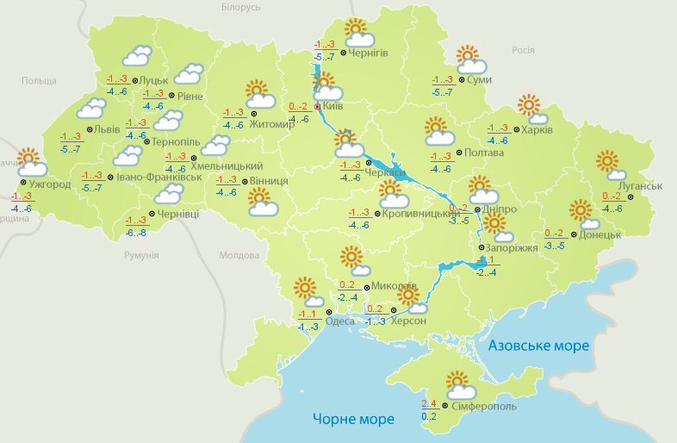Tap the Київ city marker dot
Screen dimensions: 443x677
(317, 107)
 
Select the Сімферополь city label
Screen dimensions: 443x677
(484, 406)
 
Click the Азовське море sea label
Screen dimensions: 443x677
(539, 346)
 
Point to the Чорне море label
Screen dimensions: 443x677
(353, 419)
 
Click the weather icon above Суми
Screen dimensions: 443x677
(470, 59)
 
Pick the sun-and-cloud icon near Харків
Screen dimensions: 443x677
(533, 109)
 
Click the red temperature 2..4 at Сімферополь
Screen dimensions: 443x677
(429, 402)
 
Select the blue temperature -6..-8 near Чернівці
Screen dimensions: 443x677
(136, 233)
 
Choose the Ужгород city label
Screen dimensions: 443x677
(49, 184)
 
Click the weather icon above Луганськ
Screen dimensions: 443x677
(610, 165)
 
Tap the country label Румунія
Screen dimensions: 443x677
(141, 256)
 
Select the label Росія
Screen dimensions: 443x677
(524, 50)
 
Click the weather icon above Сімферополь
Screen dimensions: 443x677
(457, 384)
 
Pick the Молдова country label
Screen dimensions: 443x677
(239, 256)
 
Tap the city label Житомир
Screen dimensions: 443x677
(272, 124)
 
